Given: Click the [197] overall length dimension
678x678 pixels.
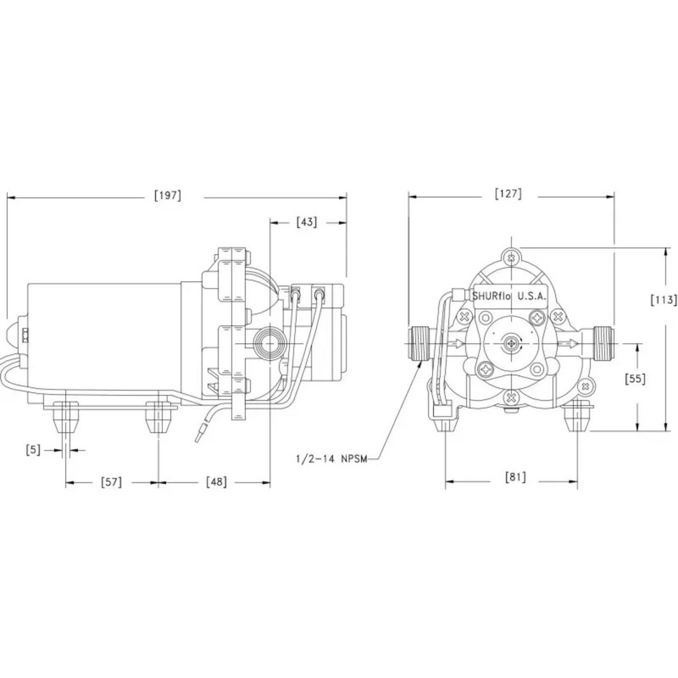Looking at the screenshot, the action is click(168, 196).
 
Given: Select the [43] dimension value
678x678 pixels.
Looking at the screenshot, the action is click(307, 222).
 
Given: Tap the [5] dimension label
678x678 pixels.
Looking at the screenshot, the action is click(33, 450).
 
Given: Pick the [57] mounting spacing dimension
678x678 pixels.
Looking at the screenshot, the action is click(111, 481).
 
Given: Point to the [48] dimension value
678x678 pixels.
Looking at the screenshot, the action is click(216, 481).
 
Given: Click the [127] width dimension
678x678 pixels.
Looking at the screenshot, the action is click(508, 193).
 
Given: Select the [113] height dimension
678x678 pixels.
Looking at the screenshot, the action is click(664, 300).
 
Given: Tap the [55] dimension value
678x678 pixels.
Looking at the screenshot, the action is click(635, 379).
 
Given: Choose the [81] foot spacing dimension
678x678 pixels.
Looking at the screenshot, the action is click(515, 477).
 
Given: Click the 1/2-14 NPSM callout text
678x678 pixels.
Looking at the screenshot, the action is click(331, 458).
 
